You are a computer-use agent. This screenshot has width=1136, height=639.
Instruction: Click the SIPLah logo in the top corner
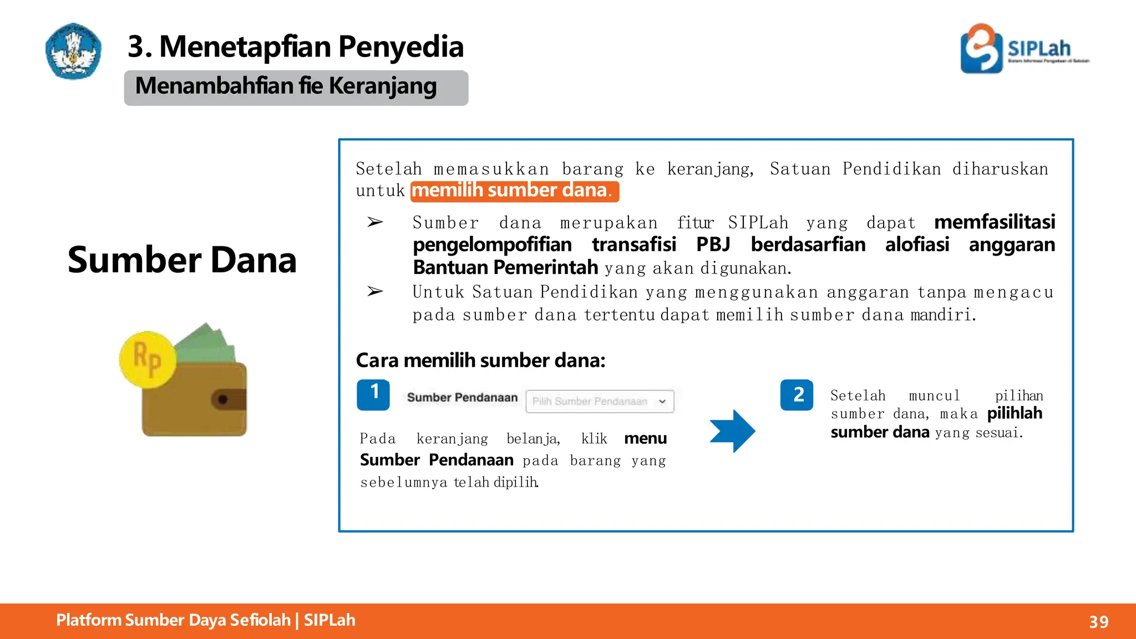point(1024,48)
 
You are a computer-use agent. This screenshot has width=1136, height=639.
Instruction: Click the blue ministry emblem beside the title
point(73,50)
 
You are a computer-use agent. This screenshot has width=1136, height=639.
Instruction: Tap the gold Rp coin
point(148,359)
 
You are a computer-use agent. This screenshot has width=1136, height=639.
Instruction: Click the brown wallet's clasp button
point(223,399)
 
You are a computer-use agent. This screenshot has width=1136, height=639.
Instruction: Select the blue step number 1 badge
point(373,395)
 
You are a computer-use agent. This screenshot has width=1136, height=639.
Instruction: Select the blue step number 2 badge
point(797,395)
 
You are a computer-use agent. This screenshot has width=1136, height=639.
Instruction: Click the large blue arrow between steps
point(732,431)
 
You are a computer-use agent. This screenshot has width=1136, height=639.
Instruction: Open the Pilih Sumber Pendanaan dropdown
point(600,402)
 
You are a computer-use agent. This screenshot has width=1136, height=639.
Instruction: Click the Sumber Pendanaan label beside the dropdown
point(462,398)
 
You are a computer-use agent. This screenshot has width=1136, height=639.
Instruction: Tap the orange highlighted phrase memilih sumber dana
point(514,191)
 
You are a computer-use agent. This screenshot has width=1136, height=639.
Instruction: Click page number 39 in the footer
point(1098,622)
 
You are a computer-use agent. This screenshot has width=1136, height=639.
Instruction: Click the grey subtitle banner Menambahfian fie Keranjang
point(296,88)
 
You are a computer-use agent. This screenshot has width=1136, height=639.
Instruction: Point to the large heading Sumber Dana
point(182,260)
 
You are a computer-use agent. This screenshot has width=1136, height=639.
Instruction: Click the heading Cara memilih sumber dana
point(480,361)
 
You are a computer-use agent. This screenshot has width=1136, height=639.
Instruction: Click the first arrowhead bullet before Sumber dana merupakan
point(375,222)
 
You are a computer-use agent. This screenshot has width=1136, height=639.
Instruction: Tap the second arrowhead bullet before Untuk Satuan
point(375,291)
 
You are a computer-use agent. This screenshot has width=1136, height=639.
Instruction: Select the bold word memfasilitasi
point(994,222)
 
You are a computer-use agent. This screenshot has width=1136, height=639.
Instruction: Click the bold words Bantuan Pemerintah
point(505,268)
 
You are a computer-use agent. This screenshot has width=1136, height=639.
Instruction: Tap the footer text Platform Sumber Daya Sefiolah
point(174,620)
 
